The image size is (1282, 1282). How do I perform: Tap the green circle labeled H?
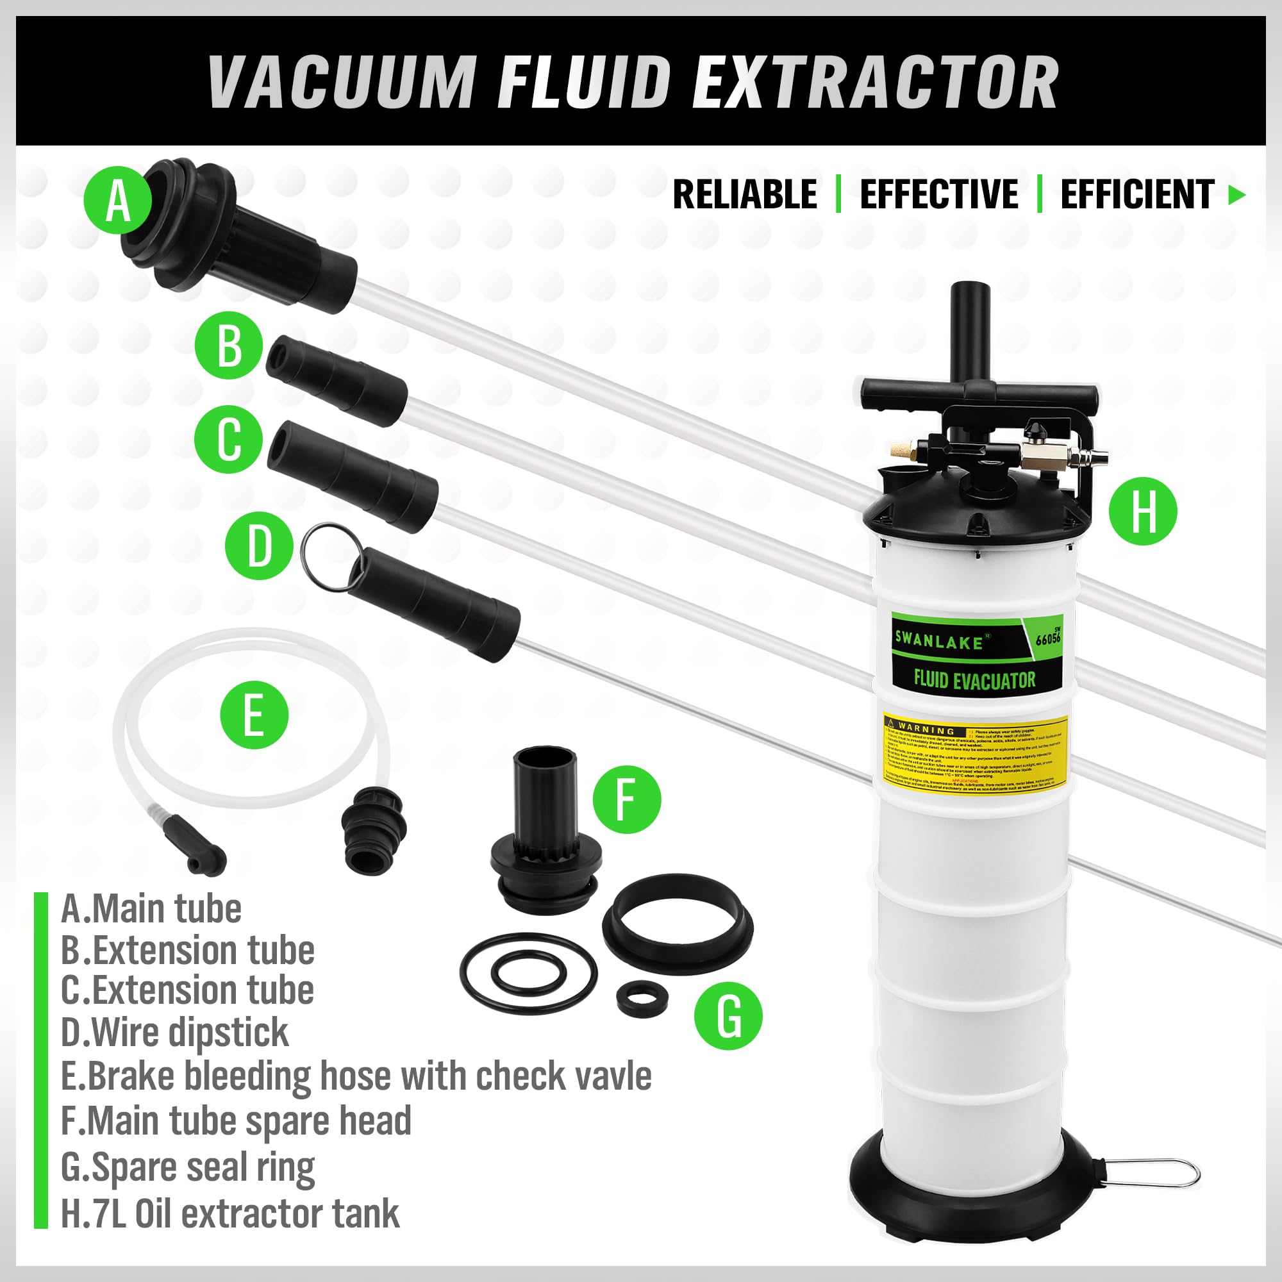point(1143,511)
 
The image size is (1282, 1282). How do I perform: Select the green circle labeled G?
point(728,1015)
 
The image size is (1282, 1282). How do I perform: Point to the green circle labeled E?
point(254,715)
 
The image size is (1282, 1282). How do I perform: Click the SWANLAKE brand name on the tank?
point(938,639)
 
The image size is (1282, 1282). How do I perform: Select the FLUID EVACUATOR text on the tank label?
point(974,679)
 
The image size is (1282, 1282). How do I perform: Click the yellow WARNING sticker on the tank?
point(976,751)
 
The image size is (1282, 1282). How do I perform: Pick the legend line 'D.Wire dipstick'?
point(174,1032)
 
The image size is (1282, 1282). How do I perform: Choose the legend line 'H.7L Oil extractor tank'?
point(229,1213)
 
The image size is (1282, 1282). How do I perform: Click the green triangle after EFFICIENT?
point(1236,194)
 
